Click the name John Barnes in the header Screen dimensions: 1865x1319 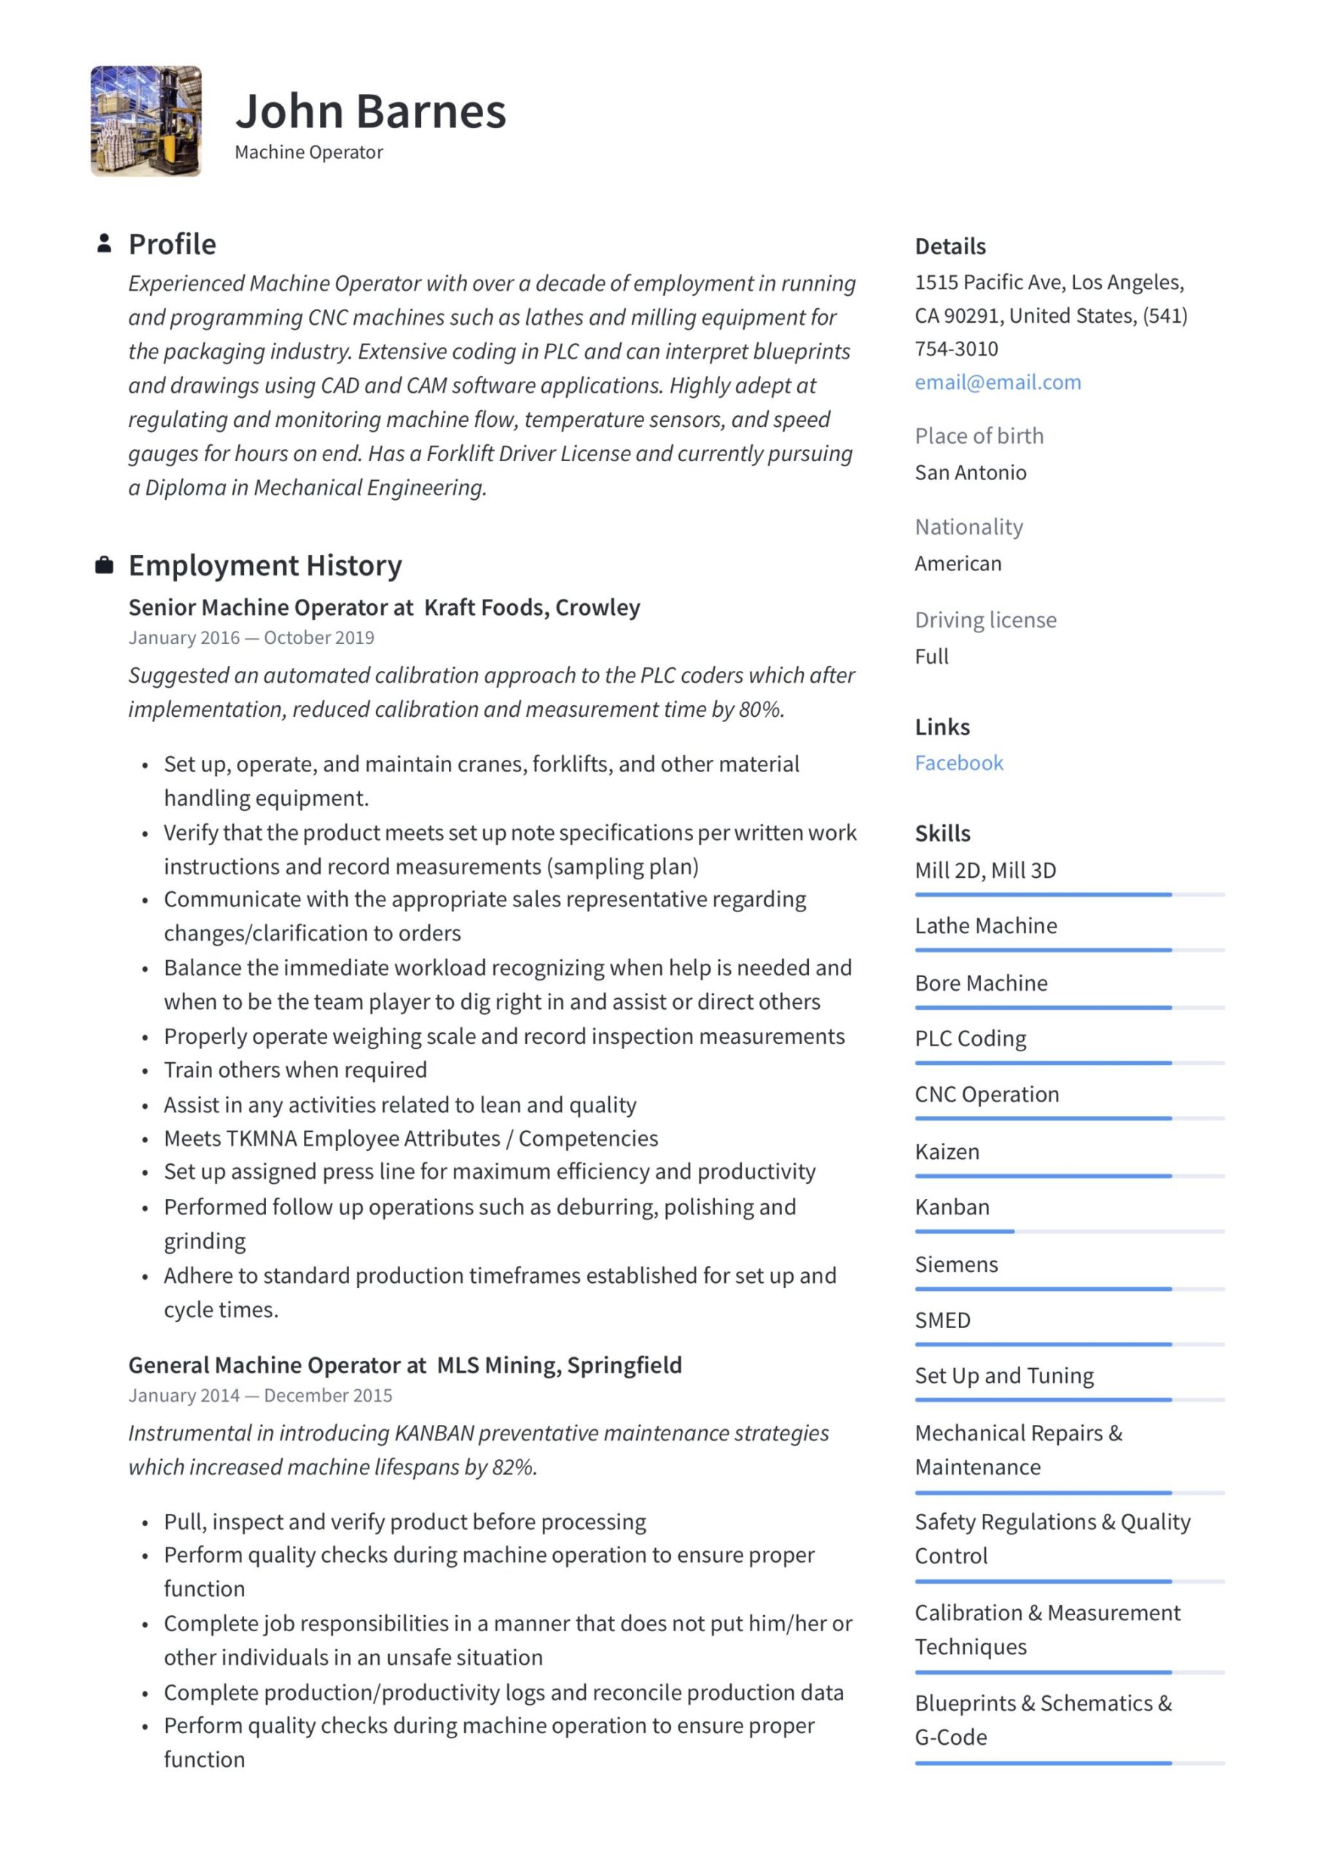click(x=371, y=111)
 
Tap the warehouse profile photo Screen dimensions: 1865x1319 click(x=146, y=121)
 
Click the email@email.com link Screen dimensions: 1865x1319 click(x=997, y=382)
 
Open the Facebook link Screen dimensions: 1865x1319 click(x=959, y=763)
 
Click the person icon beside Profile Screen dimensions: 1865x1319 click(x=104, y=243)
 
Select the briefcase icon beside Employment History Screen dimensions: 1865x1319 click(x=104, y=565)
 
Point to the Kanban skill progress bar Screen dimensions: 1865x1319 click(x=1069, y=1231)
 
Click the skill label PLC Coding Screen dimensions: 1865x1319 click(x=971, y=1039)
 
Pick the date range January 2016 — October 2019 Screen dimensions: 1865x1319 click(x=251, y=637)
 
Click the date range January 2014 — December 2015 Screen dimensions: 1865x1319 click(x=260, y=1396)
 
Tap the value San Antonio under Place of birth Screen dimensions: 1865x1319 click(x=971, y=473)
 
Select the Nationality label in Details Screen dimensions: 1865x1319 click(x=968, y=527)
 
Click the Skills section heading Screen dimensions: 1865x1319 click(x=943, y=833)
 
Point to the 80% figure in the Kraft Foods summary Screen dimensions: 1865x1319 click(x=761, y=710)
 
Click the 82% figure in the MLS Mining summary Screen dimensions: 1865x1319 click(x=514, y=1467)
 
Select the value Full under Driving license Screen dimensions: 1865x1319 click(x=931, y=656)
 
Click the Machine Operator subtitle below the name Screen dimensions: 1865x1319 click(x=309, y=153)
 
